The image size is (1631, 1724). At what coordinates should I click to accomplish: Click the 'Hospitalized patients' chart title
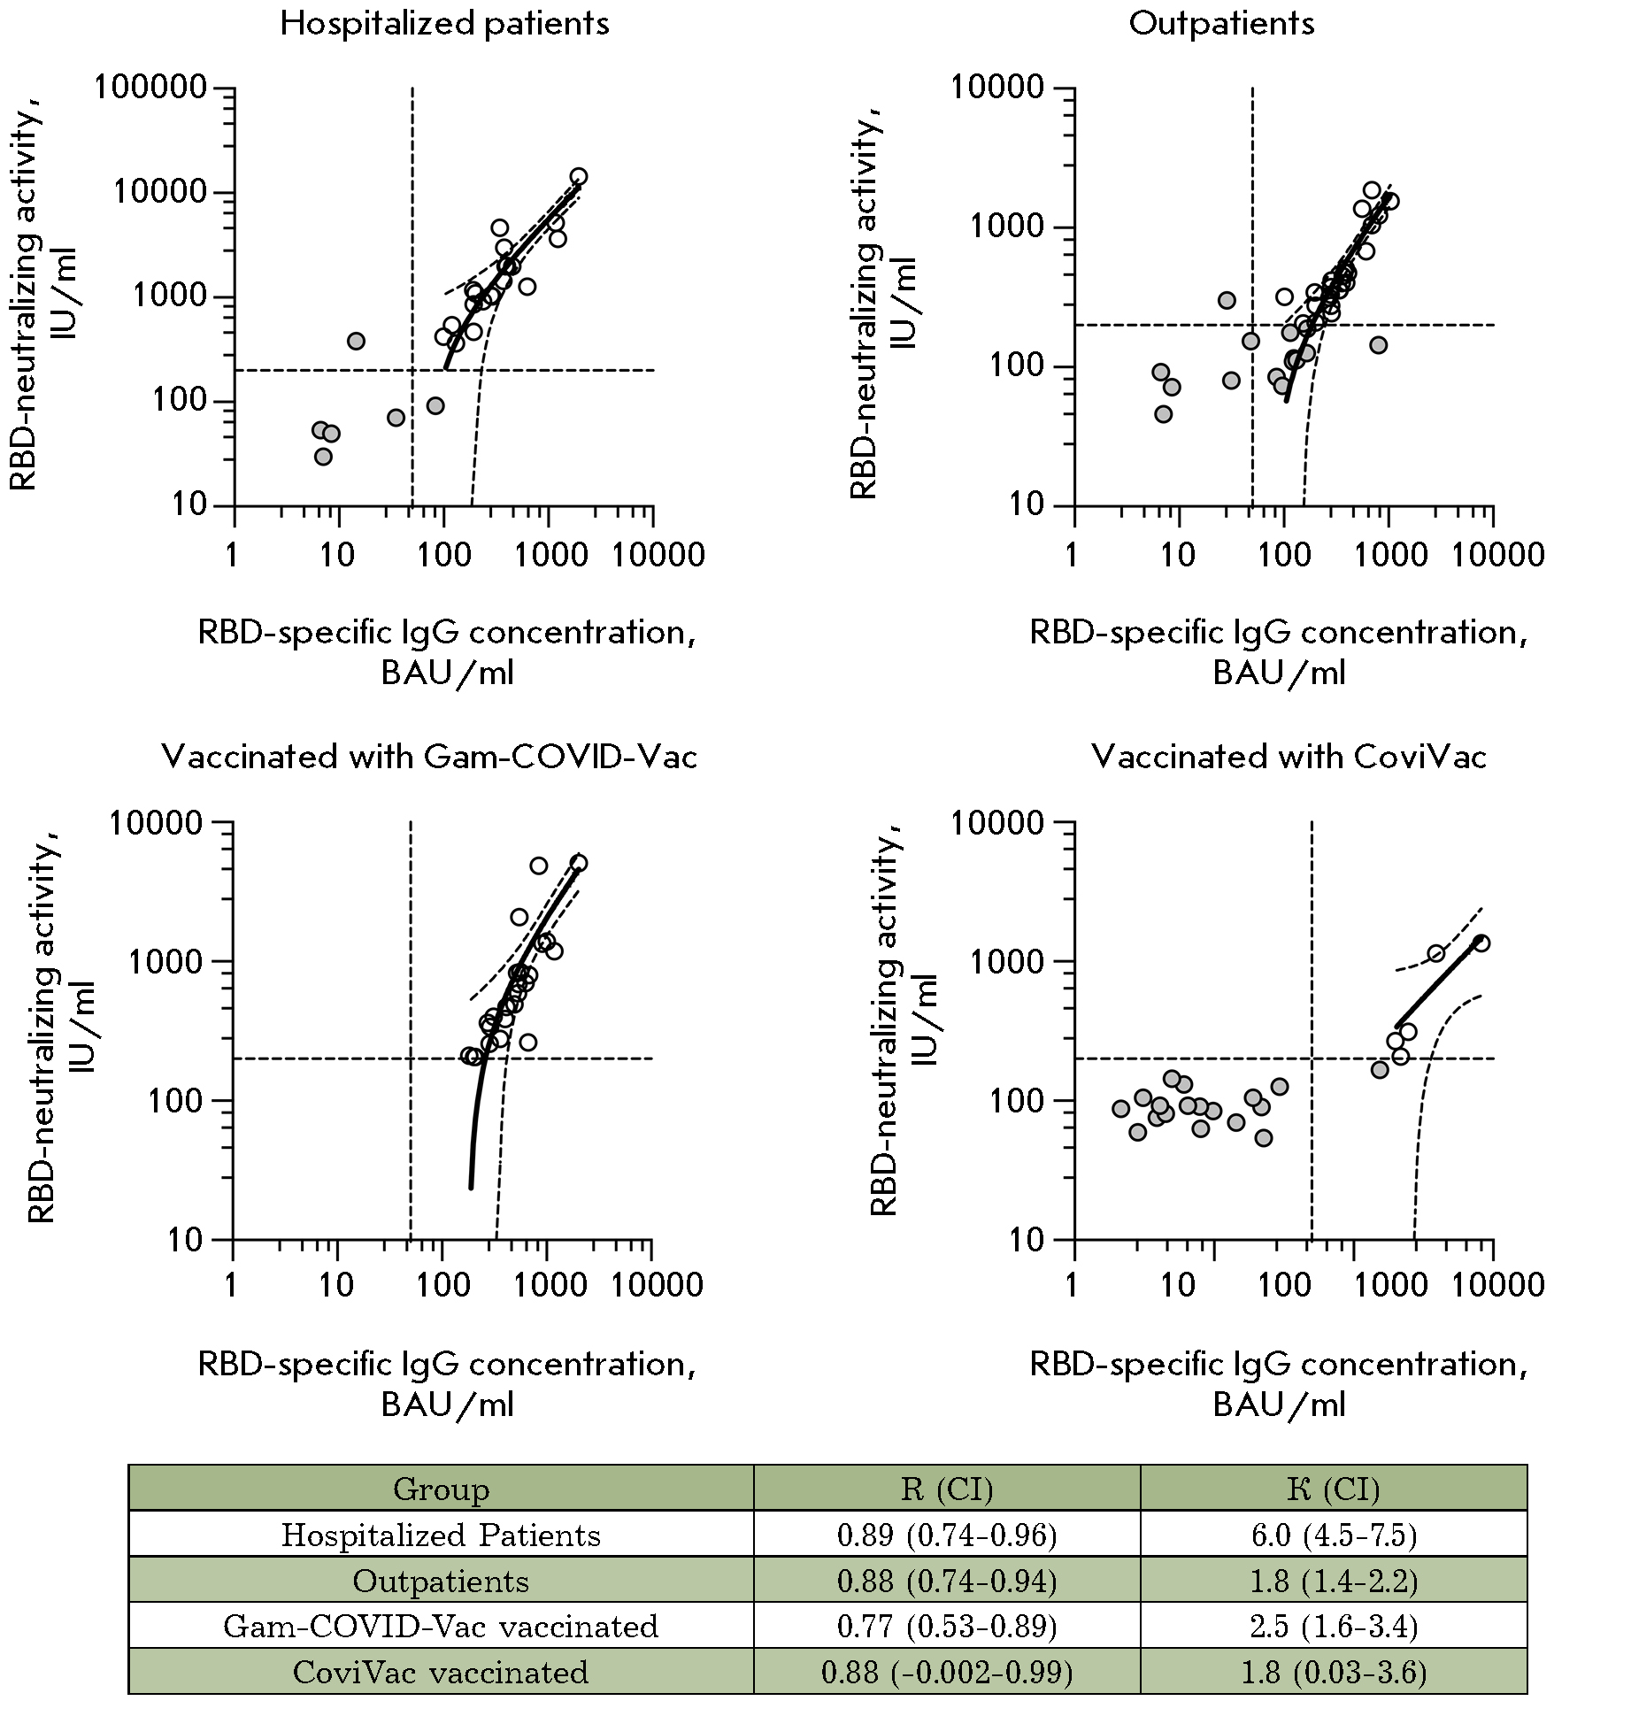coord(444,24)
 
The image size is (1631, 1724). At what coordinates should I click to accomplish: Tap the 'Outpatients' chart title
coord(1221,24)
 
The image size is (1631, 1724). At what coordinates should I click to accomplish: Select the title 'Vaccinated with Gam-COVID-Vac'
coord(429,758)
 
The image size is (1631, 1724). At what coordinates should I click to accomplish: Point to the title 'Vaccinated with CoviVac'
coord(1289,758)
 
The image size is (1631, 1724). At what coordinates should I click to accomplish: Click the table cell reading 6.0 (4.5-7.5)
coord(1334,1535)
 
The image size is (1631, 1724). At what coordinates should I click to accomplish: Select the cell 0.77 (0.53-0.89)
coord(947,1627)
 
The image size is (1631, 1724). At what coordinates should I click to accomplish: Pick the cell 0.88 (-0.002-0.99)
coord(947,1673)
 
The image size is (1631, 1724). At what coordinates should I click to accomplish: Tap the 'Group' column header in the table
coord(441,1489)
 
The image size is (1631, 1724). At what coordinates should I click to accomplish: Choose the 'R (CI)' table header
coord(947,1489)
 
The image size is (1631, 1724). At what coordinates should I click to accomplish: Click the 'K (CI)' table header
coord(1334,1489)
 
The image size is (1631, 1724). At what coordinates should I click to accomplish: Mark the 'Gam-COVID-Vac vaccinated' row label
coord(441,1627)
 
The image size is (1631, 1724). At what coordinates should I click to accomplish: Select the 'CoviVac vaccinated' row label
coord(441,1673)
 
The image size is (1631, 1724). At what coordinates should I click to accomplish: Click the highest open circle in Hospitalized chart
coord(579,176)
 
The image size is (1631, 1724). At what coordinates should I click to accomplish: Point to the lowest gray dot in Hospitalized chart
coord(323,457)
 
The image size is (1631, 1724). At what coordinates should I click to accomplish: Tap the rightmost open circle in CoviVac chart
coord(1481,943)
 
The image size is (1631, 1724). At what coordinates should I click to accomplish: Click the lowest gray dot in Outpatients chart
coord(1164,414)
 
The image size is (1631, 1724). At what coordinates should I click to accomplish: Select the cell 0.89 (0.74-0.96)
coord(947,1535)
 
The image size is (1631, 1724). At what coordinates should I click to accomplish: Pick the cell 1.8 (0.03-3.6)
coord(1334,1673)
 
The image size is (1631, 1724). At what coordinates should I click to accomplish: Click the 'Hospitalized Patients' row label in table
coord(441,1535)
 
